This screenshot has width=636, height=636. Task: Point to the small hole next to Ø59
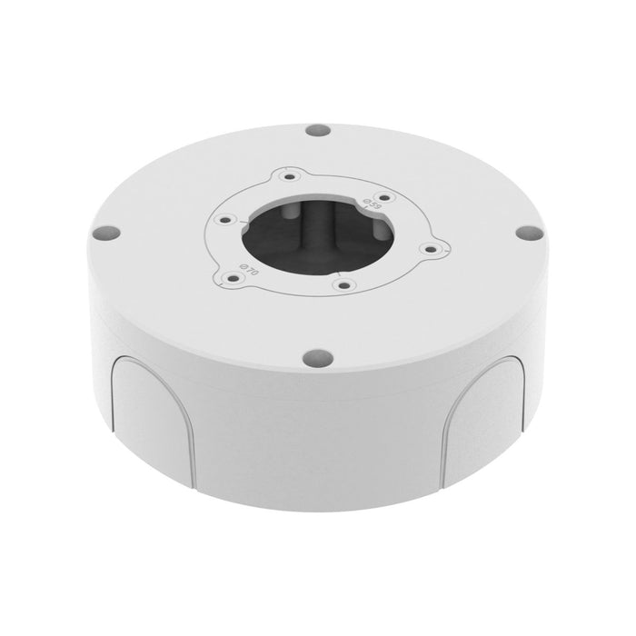(x=385, y=196)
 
